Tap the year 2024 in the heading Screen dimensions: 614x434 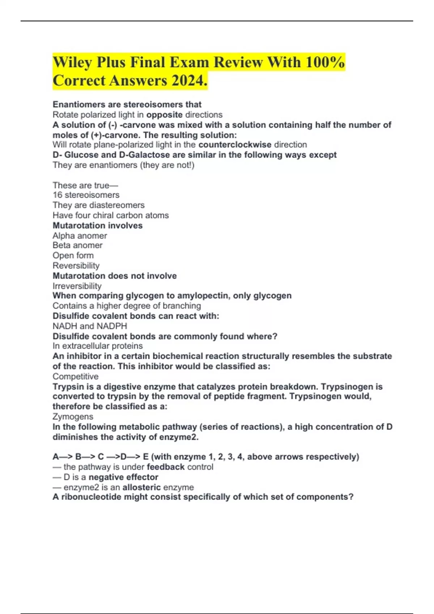click(188, 81)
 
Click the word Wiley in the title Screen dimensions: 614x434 click(72, 62)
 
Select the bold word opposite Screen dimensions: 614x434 click(164, 115)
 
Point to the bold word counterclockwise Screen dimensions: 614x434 click(235, 145)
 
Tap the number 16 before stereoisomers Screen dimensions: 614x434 click(57, 195)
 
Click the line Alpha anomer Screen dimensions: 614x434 click(80, 236)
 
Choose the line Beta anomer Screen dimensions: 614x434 click(77, 245)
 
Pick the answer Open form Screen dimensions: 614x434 click(73, 255)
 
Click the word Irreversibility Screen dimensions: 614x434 click(77, 286)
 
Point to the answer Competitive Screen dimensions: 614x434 click(75, 376)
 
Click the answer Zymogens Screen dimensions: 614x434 click(73, 416)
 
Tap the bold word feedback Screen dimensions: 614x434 click(166, 467)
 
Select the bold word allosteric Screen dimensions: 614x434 click(141, 487)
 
